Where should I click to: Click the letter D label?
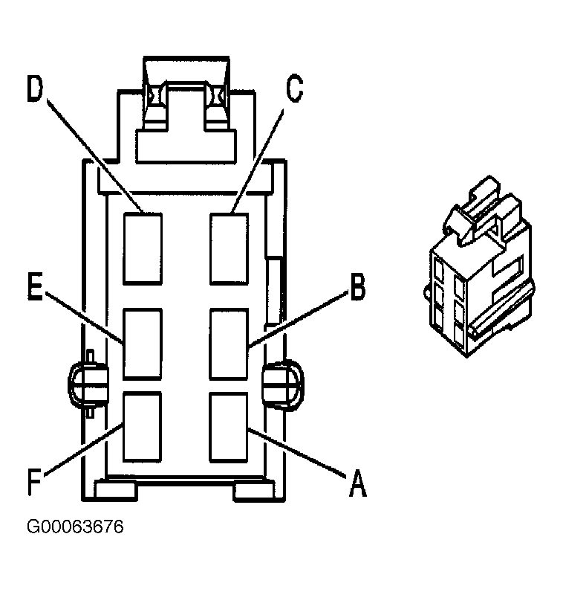click(36, 88)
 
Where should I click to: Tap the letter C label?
click(294, 88)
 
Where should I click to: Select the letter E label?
click(35, 286)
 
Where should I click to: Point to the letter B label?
click(357, 287)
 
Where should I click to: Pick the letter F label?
click(35, 482)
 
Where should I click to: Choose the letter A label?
click(358, 483)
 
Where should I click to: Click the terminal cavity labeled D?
click(143, 248)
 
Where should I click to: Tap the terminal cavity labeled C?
click(230, 248)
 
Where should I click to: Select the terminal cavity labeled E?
click(143, 344)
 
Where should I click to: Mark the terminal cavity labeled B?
click(229, 344)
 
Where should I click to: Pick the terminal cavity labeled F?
click(143, 427)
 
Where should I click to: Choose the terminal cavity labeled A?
click(229, 427)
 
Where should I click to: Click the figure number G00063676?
click(75, 527)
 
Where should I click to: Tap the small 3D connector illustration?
click(479, 266)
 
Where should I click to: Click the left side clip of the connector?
click(88, 384)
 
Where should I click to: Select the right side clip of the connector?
click(283, 384)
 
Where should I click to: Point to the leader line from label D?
click(95, 156)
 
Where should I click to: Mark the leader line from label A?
click(296, 453)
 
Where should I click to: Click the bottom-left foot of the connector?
click(116, 490)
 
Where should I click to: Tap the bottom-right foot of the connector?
click(254, 490)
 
